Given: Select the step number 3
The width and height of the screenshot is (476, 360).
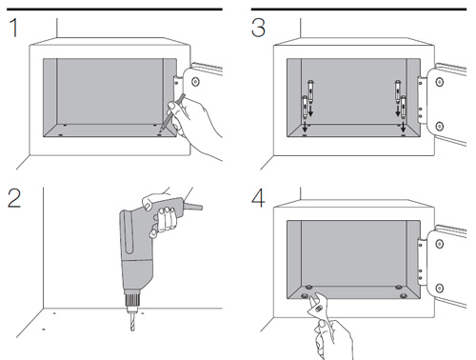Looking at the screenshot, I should tap(259, 28).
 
